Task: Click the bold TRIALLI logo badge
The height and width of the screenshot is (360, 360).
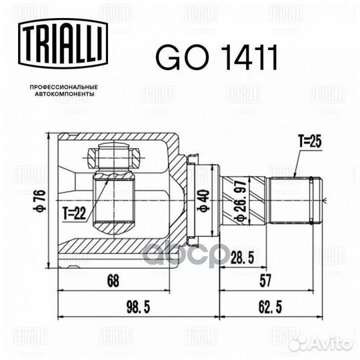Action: tap(63, 43)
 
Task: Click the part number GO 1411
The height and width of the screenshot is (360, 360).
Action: tap(217, 57)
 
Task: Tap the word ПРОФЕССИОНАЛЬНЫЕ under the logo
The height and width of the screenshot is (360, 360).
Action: tap(64, 87)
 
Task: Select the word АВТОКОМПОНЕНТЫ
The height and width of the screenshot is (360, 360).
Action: tap(64, 94)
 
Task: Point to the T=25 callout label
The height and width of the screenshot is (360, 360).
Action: tap(310, 141)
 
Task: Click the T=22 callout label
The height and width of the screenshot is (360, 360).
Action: tap(74, 213)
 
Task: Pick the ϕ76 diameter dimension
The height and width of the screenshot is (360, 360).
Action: tap(41, 201)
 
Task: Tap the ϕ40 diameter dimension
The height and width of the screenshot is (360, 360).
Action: tap(203, 201)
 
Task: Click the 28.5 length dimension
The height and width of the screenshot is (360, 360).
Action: tap(242, 257)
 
